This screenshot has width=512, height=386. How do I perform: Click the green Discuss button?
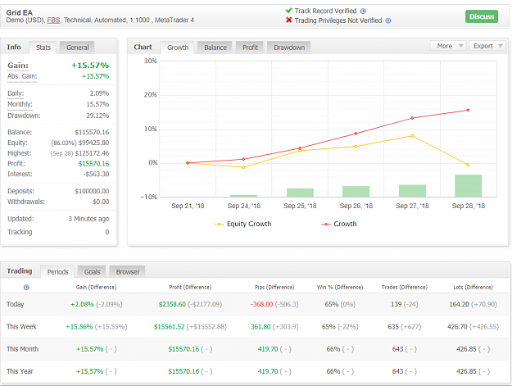[482, 16]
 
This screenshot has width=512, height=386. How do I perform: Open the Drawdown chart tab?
[289, 48]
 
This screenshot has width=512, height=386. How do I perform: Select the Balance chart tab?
[215, 48]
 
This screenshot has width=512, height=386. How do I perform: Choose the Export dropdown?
[487, 46]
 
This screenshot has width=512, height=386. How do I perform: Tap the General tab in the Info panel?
[77, 48]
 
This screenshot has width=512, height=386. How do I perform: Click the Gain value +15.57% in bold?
[90, 66]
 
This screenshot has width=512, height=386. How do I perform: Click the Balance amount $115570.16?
[92, 132]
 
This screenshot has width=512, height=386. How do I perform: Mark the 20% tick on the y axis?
[150, 95]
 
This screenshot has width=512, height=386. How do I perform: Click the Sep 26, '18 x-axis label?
[356, 206]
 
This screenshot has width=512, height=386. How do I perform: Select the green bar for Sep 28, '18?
[468, 186]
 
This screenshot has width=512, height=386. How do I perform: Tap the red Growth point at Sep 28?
[468, 110]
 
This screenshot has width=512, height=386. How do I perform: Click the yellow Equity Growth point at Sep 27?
[412, 136]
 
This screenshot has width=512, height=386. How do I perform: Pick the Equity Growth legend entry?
[243, 224]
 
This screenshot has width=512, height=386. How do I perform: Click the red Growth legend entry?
[339, 224]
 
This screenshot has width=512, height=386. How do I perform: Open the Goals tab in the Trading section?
[92, 272]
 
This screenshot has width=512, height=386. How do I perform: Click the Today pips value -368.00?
[262, 304]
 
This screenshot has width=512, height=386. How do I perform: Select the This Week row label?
[21, 326]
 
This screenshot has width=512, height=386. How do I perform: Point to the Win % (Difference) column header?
[340, 288]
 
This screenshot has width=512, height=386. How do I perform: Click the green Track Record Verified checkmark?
[288, 11]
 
